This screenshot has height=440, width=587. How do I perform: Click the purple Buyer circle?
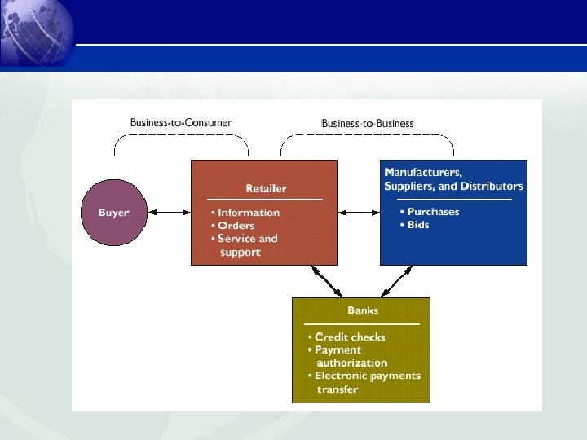(x=114, y=213)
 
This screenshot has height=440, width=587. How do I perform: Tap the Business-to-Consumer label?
(x=180, y=123)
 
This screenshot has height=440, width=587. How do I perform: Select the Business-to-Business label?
(x=367, y=124)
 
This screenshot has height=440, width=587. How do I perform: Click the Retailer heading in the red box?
(x=266, y=188)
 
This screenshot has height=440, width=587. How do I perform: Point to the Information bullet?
(x=245, y=213)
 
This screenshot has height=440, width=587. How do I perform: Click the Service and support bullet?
(x=244, y=245)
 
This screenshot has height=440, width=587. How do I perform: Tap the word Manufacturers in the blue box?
(x=422, y=173)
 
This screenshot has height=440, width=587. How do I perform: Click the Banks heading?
(x=362, y=310)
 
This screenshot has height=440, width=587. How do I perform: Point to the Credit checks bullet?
(x=346, y=337)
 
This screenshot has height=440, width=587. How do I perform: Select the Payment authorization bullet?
(x=347, y=356)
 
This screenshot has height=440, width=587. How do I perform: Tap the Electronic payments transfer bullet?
(x=364, y=382)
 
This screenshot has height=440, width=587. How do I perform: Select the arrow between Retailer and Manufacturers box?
(x=359, y=213)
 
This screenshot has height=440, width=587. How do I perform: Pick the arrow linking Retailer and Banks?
(x=326, y=281)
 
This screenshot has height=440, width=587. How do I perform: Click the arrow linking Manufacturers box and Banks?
(x=396, y=281)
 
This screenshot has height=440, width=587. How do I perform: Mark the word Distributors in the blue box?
(x=492, y=187)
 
